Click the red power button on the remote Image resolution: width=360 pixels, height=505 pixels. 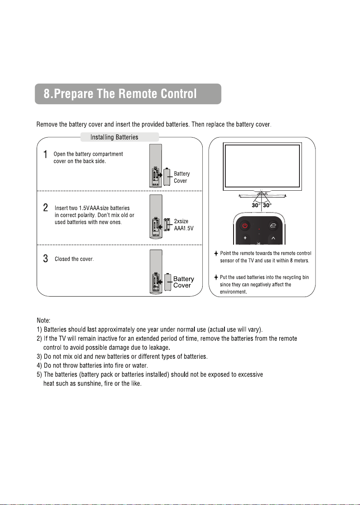tap(245, 225)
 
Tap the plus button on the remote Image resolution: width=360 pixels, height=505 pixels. tap(245, 238)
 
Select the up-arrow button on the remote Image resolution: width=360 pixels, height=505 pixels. tap(273, 238)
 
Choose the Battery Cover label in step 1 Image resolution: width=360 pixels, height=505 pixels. tap(182, 177)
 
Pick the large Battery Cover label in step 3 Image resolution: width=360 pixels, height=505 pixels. tap(183, 282)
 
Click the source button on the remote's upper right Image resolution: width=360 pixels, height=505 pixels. tap(273, 225)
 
